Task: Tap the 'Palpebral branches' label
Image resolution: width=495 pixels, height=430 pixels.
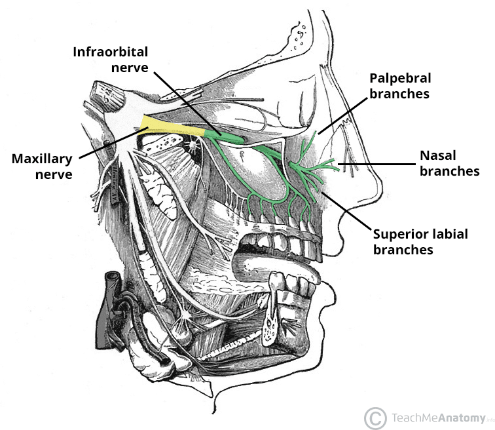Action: coord(399,85)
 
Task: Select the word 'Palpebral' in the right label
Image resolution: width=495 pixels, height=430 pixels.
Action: coord(399,78)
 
